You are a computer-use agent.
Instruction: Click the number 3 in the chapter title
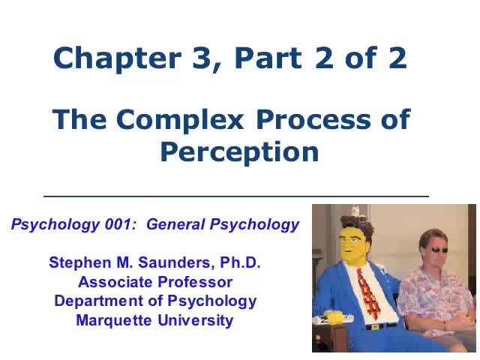click(194, 58)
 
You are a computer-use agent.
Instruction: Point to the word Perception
click(239, 151)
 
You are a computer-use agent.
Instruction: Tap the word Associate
click(112, 282)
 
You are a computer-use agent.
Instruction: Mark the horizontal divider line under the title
click(236, 196)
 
